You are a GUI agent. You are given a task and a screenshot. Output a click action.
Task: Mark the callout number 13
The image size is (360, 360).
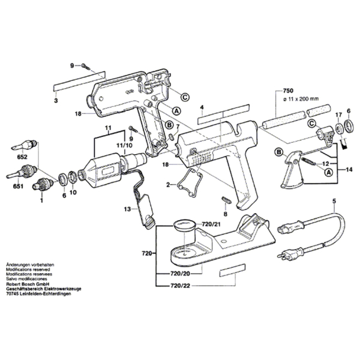click(x=127, y=209)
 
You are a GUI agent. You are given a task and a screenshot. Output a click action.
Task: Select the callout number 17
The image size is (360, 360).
click(x=338, y=115)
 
